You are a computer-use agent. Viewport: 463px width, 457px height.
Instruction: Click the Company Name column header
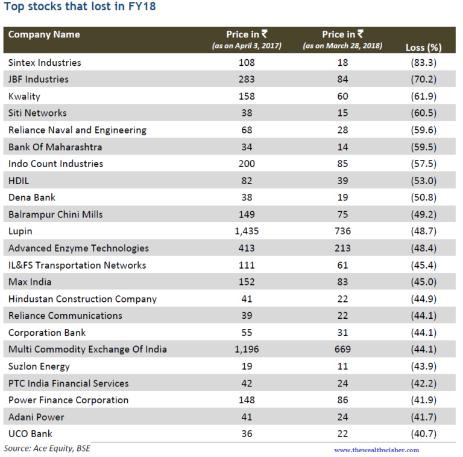tap(44, 34)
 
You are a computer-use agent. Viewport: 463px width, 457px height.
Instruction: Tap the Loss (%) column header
tap(423, 47)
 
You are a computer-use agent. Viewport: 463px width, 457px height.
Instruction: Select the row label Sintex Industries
tap(45, 63)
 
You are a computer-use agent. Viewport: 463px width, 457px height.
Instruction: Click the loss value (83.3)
tap(423, 63)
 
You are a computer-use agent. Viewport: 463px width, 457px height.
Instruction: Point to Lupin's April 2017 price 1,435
tap(247, 231)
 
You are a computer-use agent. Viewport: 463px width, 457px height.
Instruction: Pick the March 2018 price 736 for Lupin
tap(342, 231)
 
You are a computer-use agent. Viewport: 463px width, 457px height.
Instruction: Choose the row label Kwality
tap(24, 97)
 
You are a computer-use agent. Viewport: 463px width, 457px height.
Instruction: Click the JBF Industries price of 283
tap(247, 79)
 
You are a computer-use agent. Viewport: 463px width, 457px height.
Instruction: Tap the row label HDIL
tap(19, 181)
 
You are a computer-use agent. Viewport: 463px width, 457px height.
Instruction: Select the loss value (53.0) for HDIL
tap(423, 181)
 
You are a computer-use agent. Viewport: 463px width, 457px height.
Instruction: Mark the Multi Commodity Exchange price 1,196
tap(247, 350)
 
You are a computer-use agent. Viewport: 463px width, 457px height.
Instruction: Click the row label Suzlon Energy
tap(39, 366)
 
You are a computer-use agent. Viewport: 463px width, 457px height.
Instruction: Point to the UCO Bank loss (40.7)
tap(423, 433)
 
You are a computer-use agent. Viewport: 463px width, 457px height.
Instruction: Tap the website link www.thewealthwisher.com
tap(376, 450)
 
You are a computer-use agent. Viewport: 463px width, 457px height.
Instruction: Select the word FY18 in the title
tap(142, 6)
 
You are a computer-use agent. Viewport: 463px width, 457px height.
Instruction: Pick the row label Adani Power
tap(36, 417)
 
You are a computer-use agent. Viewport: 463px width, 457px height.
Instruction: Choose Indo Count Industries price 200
tap(247, 164)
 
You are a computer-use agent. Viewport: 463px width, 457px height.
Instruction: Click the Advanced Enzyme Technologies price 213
tap(342, 248)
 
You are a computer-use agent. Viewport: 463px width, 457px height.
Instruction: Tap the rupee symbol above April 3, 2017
tap(265, 34)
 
